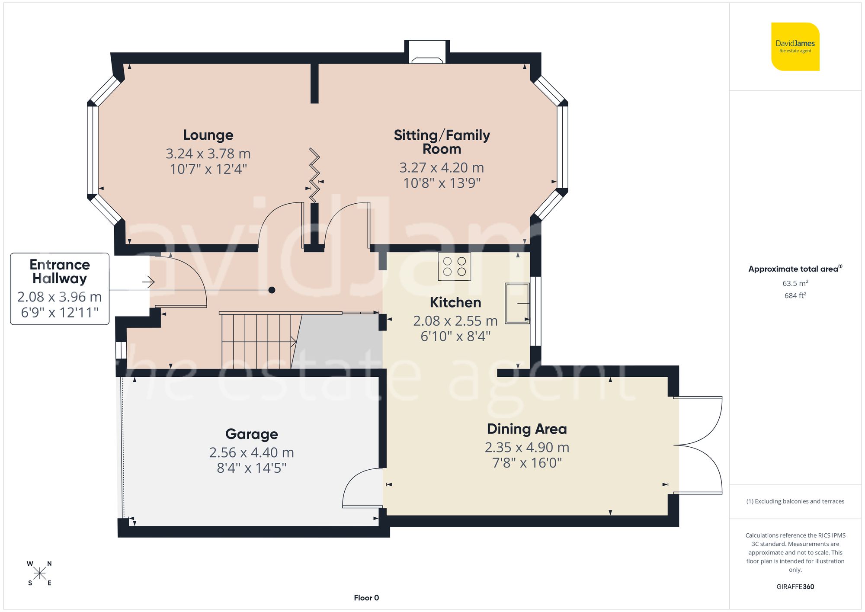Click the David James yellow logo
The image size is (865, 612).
tap(795, 47)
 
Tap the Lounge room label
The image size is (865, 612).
tap(208, 135)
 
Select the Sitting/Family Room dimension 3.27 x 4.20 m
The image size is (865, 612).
tap(441, 167)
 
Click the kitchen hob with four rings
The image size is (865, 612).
tap(454, 266)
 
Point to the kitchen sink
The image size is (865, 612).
tap(517, 303)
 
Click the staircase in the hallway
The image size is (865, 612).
tap(259, 341)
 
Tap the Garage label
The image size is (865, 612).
tap(251, 434)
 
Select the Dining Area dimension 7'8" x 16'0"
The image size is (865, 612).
tap(527, 463)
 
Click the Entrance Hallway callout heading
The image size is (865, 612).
tap(60, 271)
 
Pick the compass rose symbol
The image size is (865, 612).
tap(39, 574)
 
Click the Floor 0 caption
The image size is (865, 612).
tap(366, 598)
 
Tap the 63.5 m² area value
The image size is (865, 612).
tap(795, 283)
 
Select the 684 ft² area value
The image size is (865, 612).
tap(795, 295)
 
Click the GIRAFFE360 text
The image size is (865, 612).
tap(795, 586)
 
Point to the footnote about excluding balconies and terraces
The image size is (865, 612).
tap(795, 501)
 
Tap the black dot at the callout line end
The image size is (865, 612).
tap(272, 290)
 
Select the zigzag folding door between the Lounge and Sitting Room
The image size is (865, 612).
tap(314, 175)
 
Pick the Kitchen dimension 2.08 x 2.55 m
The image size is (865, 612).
tap(455, 320)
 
